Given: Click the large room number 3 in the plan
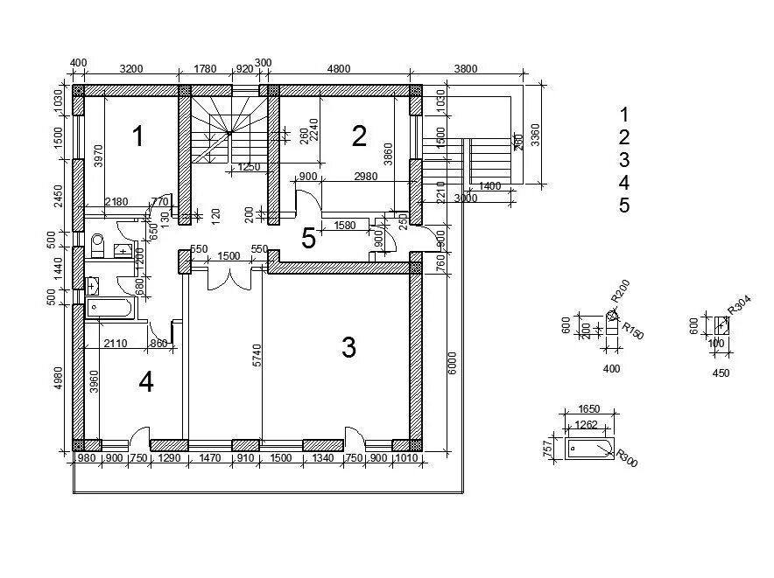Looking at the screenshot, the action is click(x=348, y=348).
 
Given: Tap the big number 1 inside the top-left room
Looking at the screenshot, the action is click(x=137, y=136).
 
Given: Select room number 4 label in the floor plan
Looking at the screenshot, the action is click(x=146, y=382).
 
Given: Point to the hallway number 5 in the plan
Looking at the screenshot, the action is click(x=308, y=239).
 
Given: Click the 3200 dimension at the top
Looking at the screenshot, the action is click(x=131, y=69).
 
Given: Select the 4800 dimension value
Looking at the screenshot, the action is click(x=339, y=69).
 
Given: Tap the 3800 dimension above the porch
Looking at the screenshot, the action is click(x=466, y=69).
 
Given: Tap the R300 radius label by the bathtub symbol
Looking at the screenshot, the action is click(x=627, y=458).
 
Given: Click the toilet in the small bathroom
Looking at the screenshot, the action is click(x=97, y=244).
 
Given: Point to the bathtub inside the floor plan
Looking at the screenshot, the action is click(x=109, y=308).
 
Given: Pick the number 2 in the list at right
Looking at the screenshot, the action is click(x=624, y=137).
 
